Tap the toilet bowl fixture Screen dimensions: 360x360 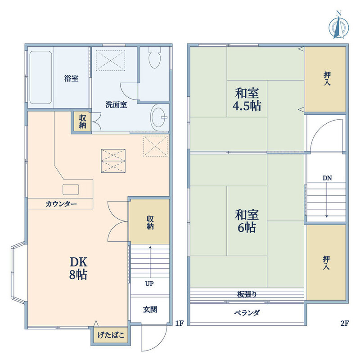pyautogui.click(x=155, y=58)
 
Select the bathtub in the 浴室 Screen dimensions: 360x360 pyautogui.click(x=40, y=77)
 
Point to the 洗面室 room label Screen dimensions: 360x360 pyautogui.click(x=116, y=105)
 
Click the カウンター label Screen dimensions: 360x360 pyautogui.click(x=61, y=204)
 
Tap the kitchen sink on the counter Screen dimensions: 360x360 pyautogui.click(x=71, y=189)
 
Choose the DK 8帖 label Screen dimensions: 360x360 pyautogui.click(x=78, y=268)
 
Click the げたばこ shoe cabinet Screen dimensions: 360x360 pyautogui.click(x=111, y=335)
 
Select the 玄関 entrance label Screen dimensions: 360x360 pyautogui.click(x=150, y=310)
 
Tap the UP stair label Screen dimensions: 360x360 pyautogui.click(x=149, y=284)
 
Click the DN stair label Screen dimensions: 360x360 pyautogui.click(x=327, y=178)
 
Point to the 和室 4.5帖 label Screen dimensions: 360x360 pyautogui.click(x=247, y=99)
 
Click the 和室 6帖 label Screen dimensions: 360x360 pyautogui.click(x=247, y=221)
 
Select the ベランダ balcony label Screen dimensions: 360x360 pyautogui.click(x=247, y=313)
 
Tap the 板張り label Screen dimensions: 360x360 pyautogui.click(x=247, y=294)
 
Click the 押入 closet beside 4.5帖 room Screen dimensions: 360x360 pyautogui.click(x=325, y=79)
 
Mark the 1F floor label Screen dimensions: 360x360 pyautogui.click(x=180, y=323)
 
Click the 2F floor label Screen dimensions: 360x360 pyautogui.click(x=345, y=323)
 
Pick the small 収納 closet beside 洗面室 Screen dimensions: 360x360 pyautogui.click(x=82, y=121)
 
